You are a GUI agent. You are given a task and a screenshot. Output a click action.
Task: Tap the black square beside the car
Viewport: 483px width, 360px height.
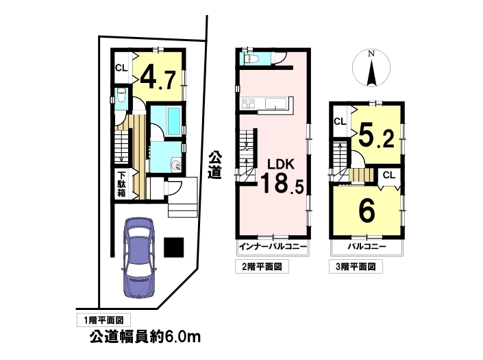point(174,247)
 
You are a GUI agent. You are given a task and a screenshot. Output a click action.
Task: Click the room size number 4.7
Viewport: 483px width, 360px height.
point(158,80)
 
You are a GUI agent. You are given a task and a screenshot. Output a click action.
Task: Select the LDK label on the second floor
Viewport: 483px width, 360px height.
point(281,165)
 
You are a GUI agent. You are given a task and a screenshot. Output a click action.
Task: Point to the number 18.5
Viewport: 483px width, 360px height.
point(282,183)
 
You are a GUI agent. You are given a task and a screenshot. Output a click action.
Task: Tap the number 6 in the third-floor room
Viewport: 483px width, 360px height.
point(367,211)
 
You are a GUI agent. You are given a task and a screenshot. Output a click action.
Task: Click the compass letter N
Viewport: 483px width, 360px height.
point(371,53)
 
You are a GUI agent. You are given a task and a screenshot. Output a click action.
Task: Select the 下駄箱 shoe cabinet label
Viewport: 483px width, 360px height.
point(121,184)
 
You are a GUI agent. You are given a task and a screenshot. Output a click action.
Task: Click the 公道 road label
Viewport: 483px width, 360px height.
point(214,165)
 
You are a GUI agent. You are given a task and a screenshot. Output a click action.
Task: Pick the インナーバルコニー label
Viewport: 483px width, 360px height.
point(273,247)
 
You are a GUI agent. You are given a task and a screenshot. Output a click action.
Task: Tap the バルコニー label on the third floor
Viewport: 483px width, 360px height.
point(367,247)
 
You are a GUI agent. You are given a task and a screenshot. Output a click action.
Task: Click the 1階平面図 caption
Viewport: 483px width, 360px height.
point(103,320)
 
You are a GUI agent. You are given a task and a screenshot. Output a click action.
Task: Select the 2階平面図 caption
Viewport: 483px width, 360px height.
point(262,267)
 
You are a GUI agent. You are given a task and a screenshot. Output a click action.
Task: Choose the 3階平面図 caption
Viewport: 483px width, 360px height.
point(356,267)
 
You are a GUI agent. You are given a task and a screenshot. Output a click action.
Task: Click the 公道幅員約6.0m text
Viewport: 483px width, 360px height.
point(145,337)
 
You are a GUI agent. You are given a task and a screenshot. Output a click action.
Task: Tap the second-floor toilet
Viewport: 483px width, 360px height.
point(250,58)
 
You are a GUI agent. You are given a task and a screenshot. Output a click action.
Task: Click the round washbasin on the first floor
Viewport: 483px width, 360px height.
point(176,165)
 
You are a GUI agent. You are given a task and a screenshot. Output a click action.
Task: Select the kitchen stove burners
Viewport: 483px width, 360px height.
point(248,104)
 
